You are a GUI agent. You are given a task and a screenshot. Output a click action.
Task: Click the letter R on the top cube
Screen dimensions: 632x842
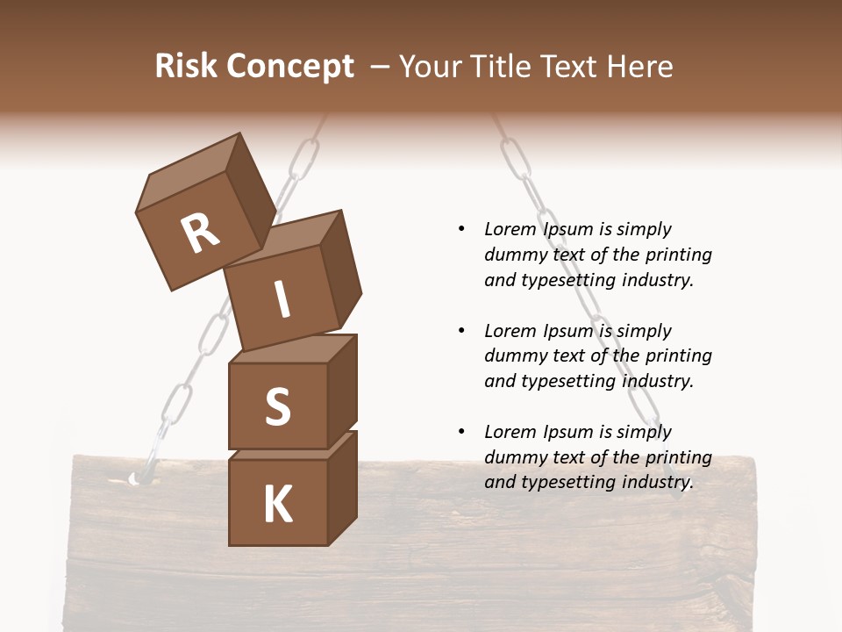pos(200,233)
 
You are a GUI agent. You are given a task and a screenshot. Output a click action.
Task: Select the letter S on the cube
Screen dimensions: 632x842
pos(277,406)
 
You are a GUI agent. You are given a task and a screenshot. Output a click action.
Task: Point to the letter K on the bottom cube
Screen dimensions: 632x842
pos(277,504)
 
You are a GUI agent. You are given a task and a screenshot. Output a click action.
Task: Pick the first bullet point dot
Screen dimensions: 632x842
pos(461,229)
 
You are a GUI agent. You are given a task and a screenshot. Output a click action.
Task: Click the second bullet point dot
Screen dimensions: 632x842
pos(461,331)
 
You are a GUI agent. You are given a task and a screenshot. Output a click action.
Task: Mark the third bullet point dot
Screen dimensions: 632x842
pos(461,432)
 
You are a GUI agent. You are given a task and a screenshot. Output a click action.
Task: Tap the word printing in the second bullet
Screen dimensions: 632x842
pos(678,355)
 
